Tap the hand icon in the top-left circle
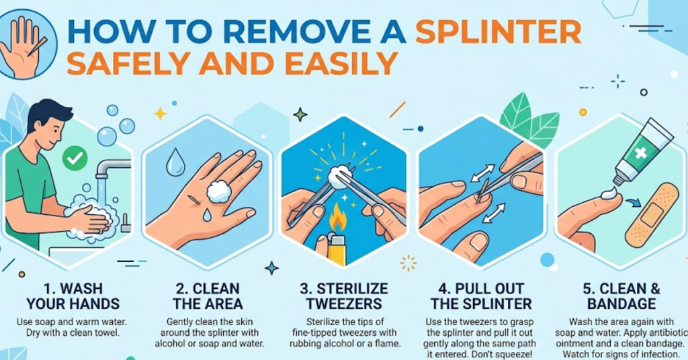pyautogui.click(x=28, y=42)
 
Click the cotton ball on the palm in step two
pyautogui.click(x=218, y=191)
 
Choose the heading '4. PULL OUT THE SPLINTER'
pyautogui.click(x=480, y=296)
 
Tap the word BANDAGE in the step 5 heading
pyautogui.click(x=620, y=304)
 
